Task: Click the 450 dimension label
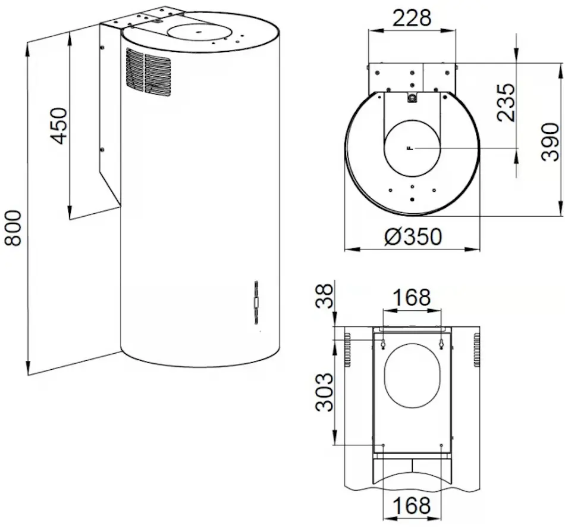58,125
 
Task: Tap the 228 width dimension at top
412,18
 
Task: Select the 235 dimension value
506,102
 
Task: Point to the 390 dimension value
550,141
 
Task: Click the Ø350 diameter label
413,237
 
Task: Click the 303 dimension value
324,392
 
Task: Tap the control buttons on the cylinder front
255,302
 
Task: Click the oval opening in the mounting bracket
412,375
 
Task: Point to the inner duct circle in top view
412,147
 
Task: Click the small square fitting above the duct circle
412,98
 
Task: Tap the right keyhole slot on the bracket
441,344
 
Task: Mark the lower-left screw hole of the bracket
384,445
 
